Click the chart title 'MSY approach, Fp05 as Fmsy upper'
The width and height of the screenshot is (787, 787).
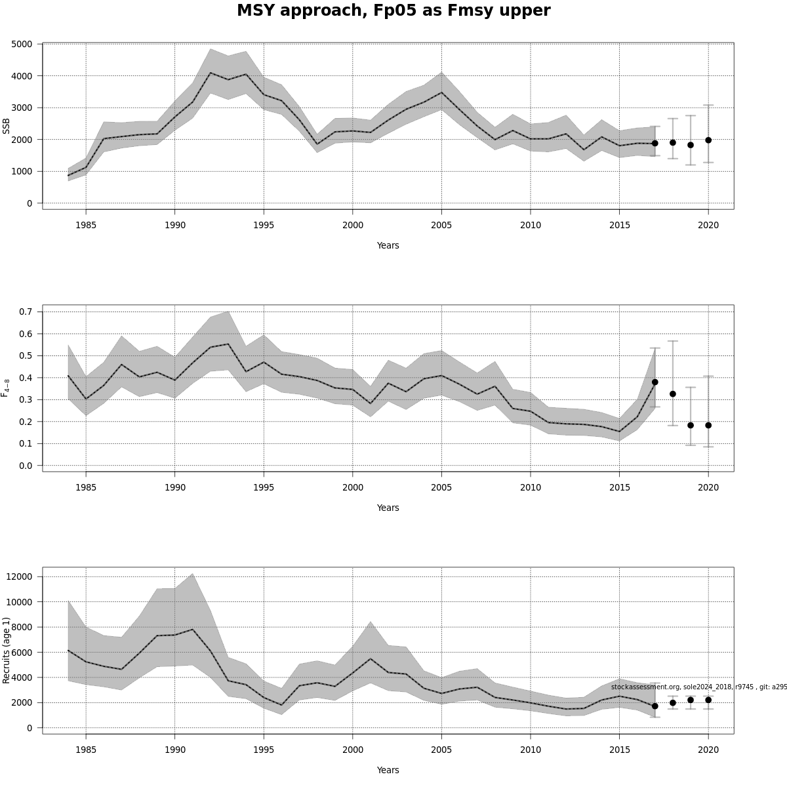coord(393,11)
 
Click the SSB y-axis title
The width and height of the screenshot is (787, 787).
coord(7,126)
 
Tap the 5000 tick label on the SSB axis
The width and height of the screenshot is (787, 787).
coord(22,44)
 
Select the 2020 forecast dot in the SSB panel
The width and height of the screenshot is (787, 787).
coord(708,140)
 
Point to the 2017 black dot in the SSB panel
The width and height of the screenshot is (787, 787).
coord(655,143)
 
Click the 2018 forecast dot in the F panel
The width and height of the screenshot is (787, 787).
coord(673,393)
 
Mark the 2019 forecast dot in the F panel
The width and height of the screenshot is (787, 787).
coord(691,425)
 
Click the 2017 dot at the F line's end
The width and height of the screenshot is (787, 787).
coord(655,382)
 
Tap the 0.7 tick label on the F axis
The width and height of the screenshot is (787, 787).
coord(26,312)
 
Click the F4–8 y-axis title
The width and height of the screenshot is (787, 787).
coord(7,388)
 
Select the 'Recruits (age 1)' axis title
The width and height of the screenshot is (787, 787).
coord(7,650)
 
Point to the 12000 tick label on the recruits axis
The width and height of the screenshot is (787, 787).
coord(20,576)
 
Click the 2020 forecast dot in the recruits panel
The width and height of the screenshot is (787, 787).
coord(708,700)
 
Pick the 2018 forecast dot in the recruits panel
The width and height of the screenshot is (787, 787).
coord(673,702)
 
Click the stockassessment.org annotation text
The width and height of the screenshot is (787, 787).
coord(698,687)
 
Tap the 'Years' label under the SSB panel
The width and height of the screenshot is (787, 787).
coord(388,245)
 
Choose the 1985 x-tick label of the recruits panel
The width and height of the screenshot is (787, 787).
coord(86,750)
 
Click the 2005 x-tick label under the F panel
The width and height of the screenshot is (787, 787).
coord(441,487)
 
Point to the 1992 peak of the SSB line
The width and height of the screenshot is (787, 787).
coord(210,73)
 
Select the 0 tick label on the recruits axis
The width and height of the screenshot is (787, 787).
coord(30,728)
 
